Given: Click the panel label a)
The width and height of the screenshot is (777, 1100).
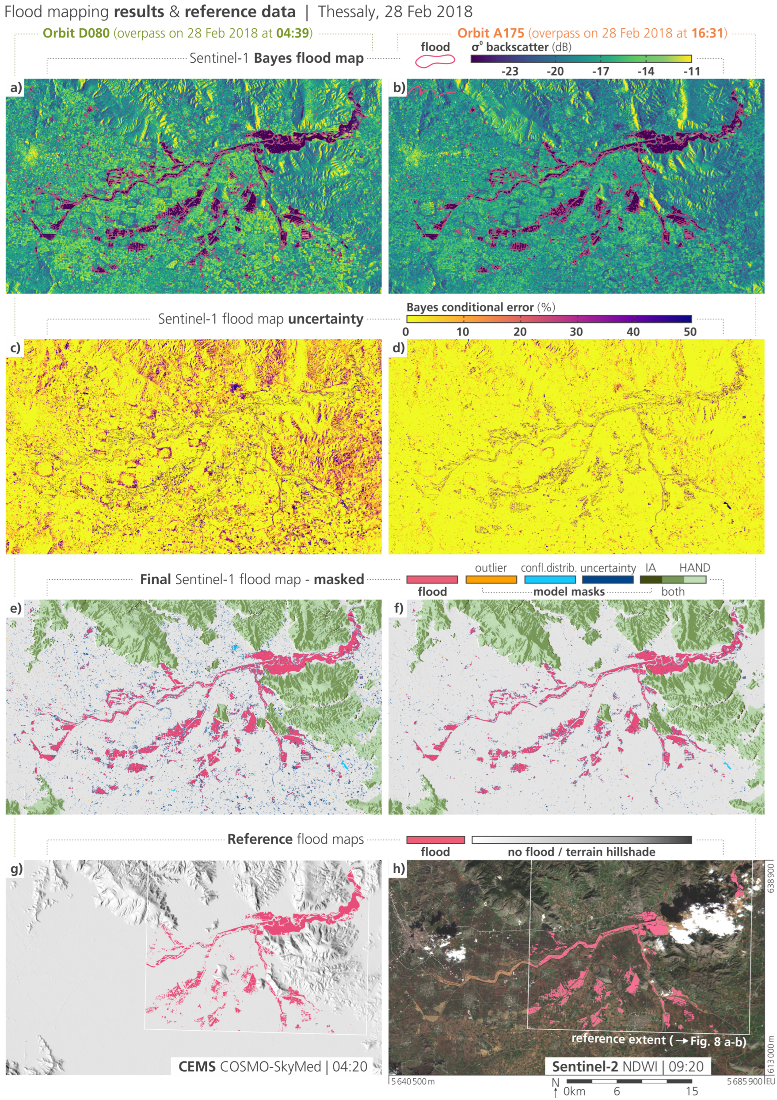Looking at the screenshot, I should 16,88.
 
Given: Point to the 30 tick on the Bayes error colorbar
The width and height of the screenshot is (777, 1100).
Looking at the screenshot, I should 576,331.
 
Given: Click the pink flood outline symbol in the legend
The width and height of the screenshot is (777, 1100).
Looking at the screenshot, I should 434,61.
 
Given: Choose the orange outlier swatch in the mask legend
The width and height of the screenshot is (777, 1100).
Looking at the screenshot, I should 491,579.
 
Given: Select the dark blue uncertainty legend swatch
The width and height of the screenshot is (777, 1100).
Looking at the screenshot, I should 607,579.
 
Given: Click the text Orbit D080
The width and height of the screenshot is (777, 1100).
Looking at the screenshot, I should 76,33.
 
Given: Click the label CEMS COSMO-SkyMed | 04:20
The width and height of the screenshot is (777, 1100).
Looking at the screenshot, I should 273,1066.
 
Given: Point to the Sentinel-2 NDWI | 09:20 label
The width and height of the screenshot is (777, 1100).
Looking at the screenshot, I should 628,1066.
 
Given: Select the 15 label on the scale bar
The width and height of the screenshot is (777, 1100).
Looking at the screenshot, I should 691,1091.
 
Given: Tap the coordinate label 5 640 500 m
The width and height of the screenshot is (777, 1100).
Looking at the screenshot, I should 412,1081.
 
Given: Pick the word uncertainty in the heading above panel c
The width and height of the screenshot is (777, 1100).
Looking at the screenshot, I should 326,319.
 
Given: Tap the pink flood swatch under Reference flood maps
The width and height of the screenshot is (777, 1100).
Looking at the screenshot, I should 435,840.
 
